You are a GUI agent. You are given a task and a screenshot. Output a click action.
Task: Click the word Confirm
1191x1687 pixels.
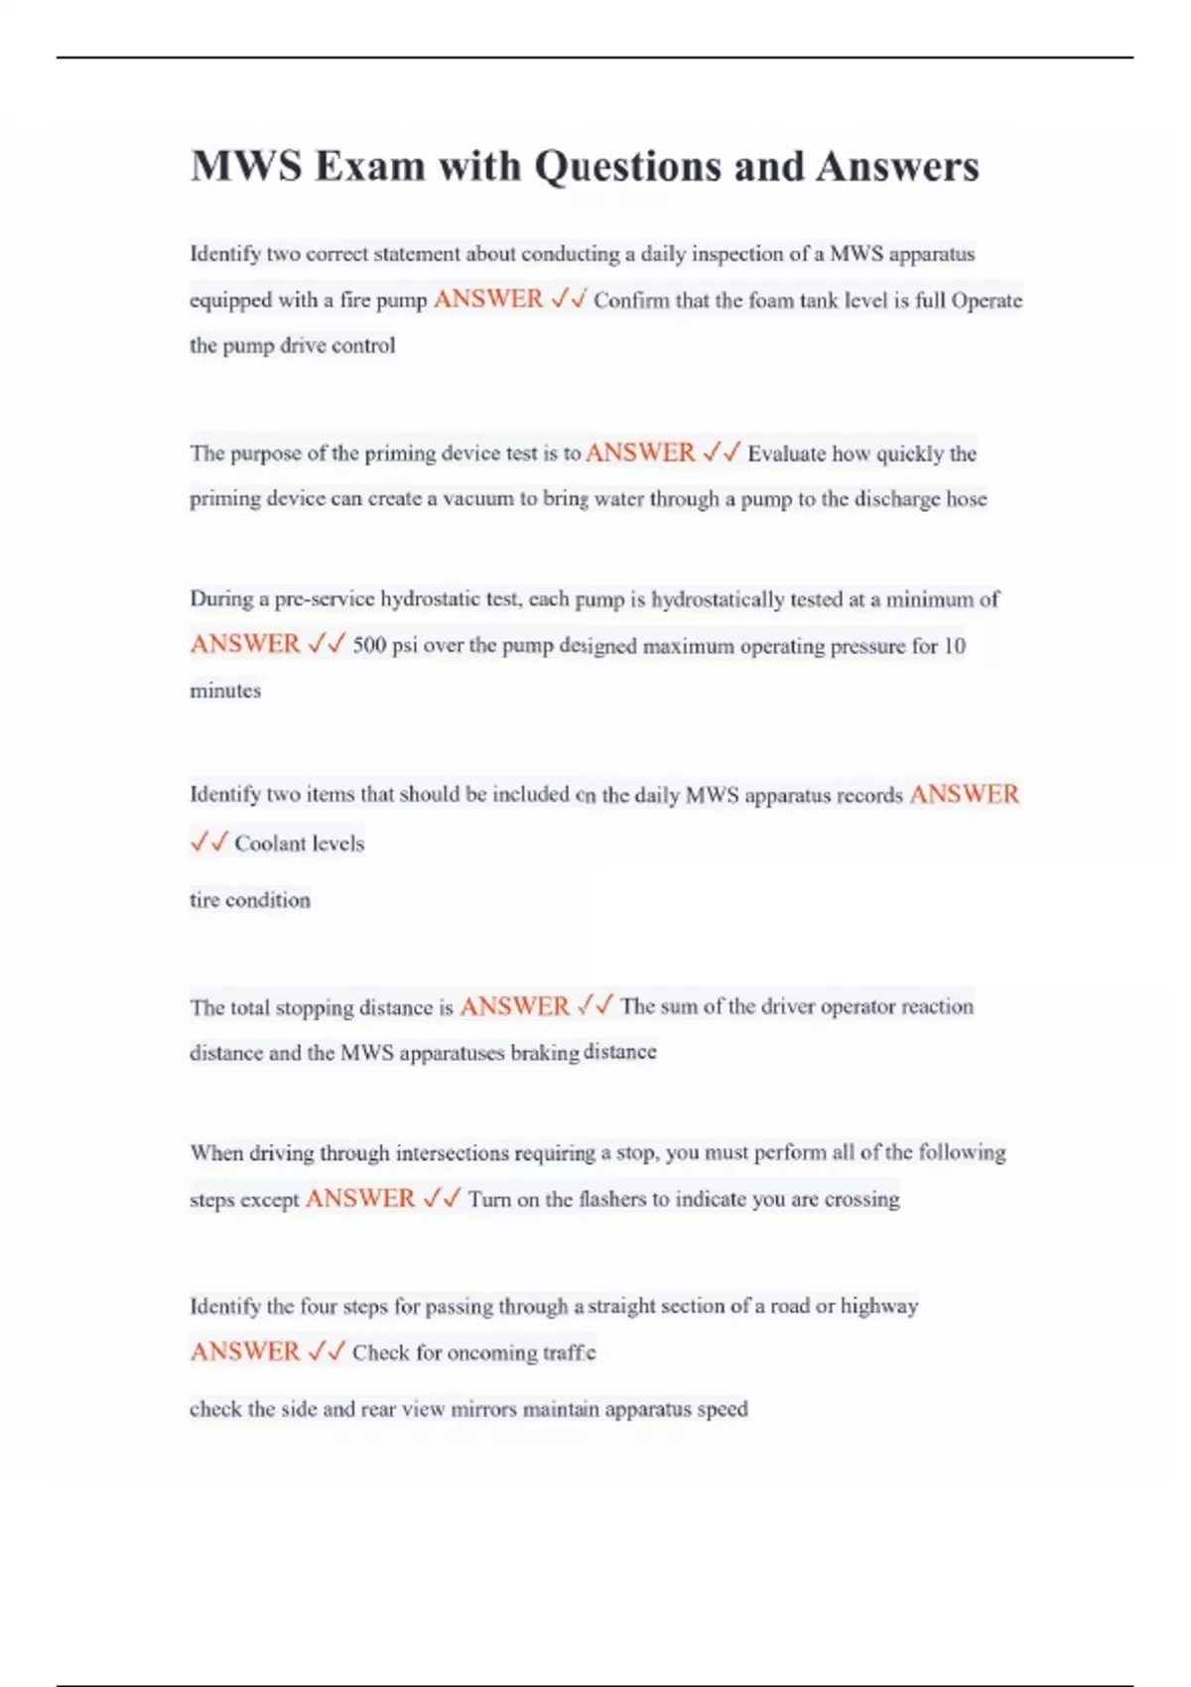coord(631,301)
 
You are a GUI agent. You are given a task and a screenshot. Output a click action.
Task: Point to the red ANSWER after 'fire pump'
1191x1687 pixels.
coord(488,299)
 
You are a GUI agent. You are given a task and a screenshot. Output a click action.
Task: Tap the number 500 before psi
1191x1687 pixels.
coord(369,646)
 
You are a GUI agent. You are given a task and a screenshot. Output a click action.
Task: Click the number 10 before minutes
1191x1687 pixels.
coord(954,646)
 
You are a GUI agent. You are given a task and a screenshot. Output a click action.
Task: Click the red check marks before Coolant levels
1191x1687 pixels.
coord(208,843)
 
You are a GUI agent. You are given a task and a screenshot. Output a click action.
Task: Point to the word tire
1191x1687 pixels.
coord(203,900)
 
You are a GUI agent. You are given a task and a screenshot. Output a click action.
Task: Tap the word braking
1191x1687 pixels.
coord(544,1053)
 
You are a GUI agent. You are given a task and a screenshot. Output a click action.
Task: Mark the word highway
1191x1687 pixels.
coord(879,1306)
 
